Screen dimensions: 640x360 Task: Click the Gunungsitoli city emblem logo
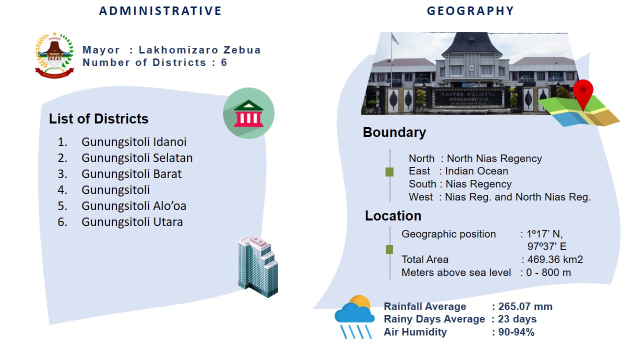click(54, 55)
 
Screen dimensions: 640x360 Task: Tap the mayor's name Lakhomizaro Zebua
click(199, 50)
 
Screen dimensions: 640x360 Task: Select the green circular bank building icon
click(248, 113)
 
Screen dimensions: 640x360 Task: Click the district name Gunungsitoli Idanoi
click(134, 142)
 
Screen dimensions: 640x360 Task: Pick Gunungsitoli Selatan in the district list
click(137, 158)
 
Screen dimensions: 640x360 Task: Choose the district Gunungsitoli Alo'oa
click(134, 206)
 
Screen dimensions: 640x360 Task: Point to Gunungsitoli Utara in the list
click(132, 222)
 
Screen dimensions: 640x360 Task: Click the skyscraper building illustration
click(258, 266)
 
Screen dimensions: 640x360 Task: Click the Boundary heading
click(394, 132)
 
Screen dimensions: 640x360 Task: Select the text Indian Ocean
click(476, 171)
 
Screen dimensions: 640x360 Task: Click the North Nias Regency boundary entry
click(494, 158)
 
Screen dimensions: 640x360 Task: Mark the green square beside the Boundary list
click(389, 172)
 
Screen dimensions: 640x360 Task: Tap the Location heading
click(393, 215)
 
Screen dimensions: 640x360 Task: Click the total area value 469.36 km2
click(555, 259)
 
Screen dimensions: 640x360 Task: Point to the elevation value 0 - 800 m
click(548, 272)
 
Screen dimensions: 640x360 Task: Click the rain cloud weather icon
click(354, 317)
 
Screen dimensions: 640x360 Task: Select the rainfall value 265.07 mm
click(525, 306)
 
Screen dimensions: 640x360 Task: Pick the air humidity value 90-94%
click(516, 332)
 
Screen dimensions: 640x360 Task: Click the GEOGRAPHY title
click(470, 11)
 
